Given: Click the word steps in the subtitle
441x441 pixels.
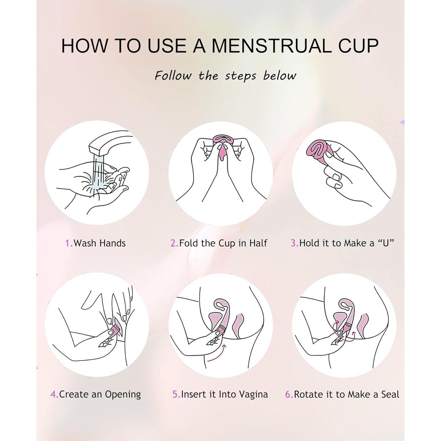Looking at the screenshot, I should tap(240, 76).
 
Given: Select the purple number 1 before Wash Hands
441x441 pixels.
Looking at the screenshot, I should tap(68, 243).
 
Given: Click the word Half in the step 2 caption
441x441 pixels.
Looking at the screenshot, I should tap(258, 243).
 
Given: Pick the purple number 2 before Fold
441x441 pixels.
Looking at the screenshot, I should tap(174, 243).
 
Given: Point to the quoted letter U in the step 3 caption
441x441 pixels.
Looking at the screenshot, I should tap(386, 243).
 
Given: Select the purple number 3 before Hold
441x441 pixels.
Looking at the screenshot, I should tap(294, 243).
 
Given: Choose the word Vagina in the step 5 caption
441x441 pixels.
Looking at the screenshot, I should tap(253, 394).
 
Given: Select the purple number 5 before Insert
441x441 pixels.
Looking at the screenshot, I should tap(176, 394).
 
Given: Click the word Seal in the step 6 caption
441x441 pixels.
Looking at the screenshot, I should tap(390, 394).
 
